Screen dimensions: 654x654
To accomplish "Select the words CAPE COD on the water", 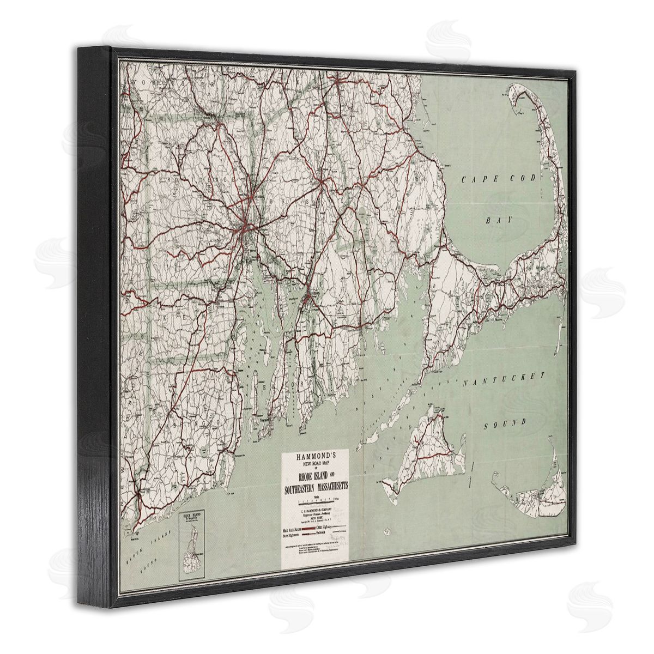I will (499, 180).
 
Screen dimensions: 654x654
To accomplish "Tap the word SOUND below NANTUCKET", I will (506, 422).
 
